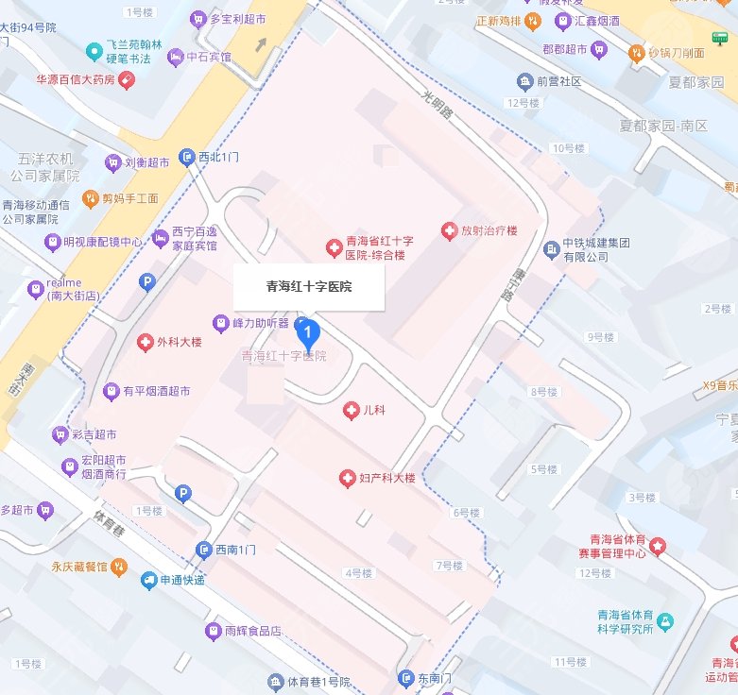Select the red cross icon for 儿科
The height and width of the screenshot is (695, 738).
[x=350, y=410]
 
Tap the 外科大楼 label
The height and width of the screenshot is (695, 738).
[x=180, y=342]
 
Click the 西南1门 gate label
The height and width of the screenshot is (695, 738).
[x=236, y=550]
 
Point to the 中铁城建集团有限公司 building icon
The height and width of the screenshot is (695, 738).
[x=552, y=249]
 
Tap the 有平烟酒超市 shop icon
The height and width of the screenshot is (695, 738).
[x=112, y=390]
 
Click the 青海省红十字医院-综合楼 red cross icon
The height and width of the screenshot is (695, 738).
[x=333, y=248]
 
